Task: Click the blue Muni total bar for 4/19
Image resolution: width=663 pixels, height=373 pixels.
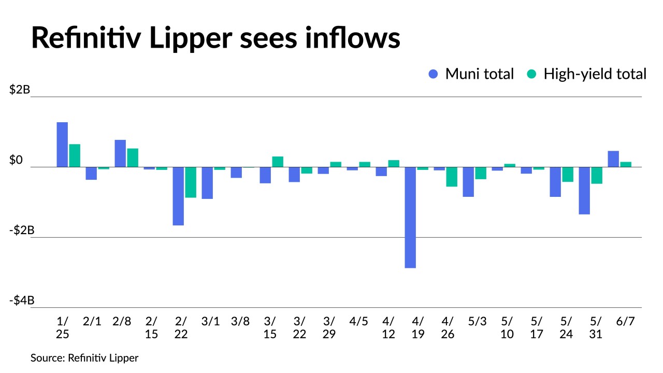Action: click(410, 217)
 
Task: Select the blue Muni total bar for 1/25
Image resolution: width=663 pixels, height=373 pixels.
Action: click(62, 145)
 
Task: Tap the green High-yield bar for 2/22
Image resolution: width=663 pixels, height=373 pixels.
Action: click(191, 182)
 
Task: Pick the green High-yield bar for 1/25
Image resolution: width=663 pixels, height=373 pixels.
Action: click(75, 155)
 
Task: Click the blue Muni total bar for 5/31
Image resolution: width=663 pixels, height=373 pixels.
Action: click(584, 190)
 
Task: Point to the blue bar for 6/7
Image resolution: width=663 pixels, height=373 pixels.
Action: click(613, 159)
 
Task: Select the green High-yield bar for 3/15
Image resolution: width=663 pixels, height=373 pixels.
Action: click(278, 162)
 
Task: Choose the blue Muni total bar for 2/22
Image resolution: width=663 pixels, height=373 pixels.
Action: click(178, 196)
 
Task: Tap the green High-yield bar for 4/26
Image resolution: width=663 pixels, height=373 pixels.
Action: click(452, 177)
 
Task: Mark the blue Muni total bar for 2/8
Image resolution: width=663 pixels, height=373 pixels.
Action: click(120, 153)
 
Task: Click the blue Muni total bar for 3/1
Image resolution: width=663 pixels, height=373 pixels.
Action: click(207, 183)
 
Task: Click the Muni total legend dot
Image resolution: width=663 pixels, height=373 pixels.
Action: click(434, 74)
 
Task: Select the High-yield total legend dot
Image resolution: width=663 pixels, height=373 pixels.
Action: click(531, 74)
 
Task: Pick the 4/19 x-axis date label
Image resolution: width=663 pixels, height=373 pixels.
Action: click(418, 327)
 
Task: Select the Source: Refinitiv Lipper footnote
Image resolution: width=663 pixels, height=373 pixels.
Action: click(84, 358)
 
